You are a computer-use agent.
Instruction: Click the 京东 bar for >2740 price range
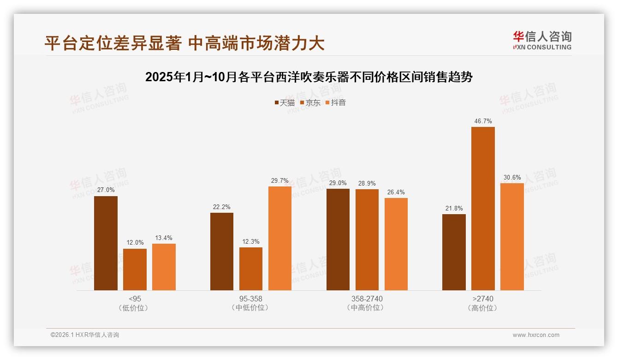[483, 209]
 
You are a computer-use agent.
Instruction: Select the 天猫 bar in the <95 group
[106, 243]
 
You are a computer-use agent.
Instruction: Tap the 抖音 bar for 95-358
[280, 238]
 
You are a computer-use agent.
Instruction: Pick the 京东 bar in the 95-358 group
[251, 269]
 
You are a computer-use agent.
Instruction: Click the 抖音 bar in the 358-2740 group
[396, 244]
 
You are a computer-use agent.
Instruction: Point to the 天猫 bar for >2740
[454, 252]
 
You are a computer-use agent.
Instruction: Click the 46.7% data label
[483, 121]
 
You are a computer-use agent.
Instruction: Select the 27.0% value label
[106, 190]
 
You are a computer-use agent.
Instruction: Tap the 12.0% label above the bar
[135, 243]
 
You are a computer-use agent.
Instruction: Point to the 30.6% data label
[512, 178]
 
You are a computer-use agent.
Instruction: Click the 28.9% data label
[367, 183]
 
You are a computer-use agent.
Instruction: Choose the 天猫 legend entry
[285, 103]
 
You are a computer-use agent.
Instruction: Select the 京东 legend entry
[310, 103]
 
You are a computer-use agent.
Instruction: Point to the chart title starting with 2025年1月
[309, 77]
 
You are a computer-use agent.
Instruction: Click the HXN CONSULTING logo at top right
[542, 41]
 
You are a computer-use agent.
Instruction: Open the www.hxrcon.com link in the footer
[536, 335]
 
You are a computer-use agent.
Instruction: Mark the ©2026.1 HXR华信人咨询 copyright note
[85, 335]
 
